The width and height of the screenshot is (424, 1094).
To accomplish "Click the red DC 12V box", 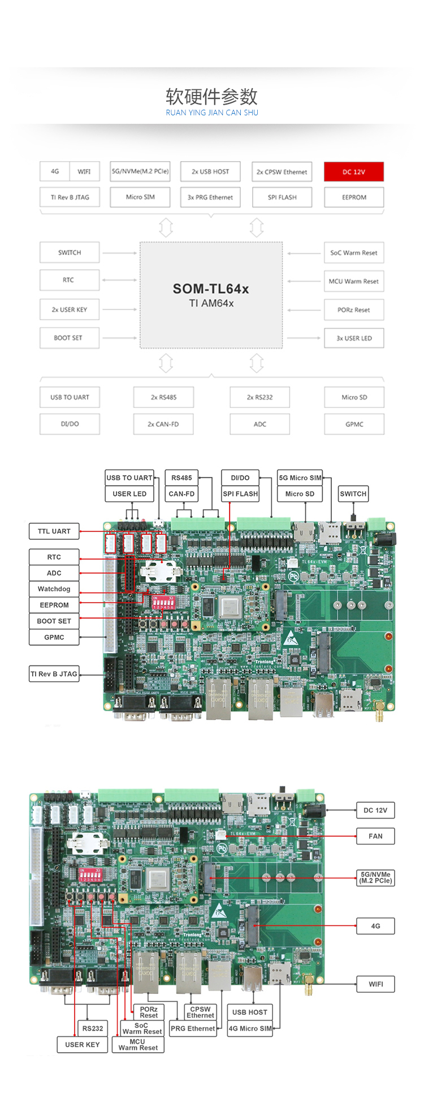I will click(x=354, y=172).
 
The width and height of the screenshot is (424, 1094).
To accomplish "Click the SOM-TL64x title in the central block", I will click(x=211, y=289).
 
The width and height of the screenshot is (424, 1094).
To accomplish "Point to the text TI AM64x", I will click(x=211, y=304).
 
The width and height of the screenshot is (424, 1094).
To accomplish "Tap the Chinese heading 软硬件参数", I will click(x=211, y=97).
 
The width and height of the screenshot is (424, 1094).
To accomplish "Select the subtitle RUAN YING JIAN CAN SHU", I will click(x=211, y=113).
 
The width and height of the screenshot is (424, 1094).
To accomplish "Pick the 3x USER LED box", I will click(x=354, y=338).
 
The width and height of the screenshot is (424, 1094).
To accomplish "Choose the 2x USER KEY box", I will click(x=70, y=309).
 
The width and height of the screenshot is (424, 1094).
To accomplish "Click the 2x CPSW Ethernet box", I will click(x=282, y=172).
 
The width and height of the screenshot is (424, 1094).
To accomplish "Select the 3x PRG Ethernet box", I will click(x=210, y=197).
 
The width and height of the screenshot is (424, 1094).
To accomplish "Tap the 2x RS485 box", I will click(x=163, y=397).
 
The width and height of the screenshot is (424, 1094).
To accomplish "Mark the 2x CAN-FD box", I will click(x=163, y=424).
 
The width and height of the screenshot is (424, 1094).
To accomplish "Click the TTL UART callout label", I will click(x=54, y=531).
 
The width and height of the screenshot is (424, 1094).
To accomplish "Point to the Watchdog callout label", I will click(x=54, y=589).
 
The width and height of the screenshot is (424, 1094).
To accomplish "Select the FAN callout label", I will click(x=375, y=836).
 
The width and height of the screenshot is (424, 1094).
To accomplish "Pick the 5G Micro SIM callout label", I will click(x=300, y=478).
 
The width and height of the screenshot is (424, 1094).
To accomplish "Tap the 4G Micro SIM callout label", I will click(x=250, y=1028).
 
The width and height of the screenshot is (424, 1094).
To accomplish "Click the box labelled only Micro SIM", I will click(x=140, y=197).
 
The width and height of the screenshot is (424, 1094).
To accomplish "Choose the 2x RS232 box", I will click(x=259, y=397).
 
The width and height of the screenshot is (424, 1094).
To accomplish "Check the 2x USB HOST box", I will click(x=210, y=172).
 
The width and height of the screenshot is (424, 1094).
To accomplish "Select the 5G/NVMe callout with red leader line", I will click(x=375, y=877).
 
